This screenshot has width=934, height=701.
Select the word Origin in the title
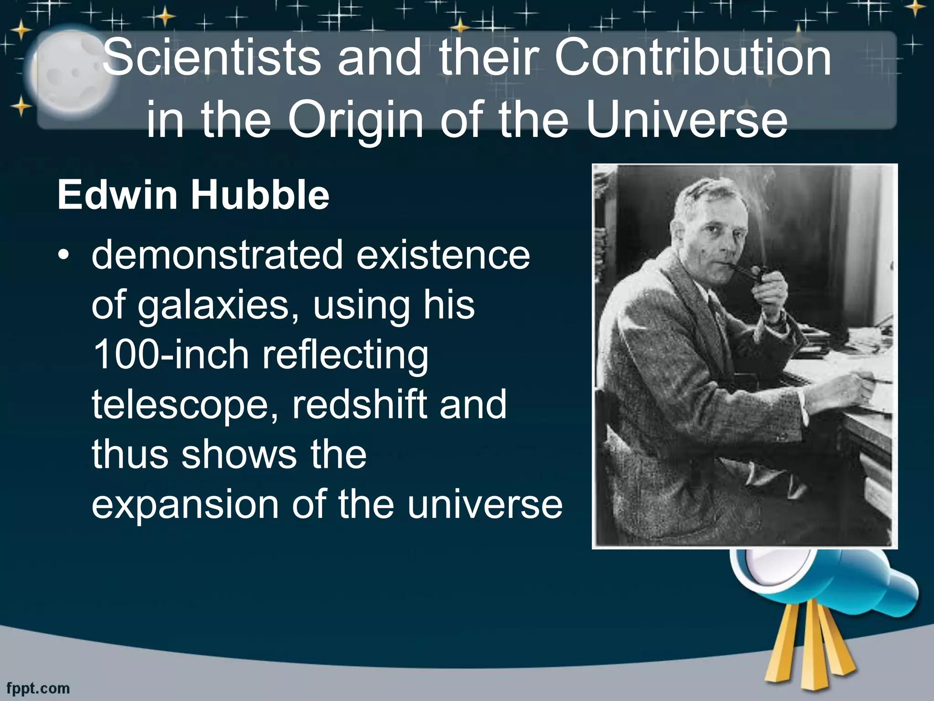coord(356,121)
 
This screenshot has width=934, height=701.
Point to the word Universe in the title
coord(687,121)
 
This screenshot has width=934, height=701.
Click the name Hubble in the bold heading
coord(259,196)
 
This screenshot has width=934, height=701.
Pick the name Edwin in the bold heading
coord(117,196)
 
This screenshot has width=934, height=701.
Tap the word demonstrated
coord(217,256)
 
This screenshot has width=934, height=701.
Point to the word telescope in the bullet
coord(184,406)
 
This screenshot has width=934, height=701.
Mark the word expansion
coord(185,505)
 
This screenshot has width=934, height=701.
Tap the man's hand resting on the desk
coord(848,388)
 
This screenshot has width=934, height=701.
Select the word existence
coord(443,256)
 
